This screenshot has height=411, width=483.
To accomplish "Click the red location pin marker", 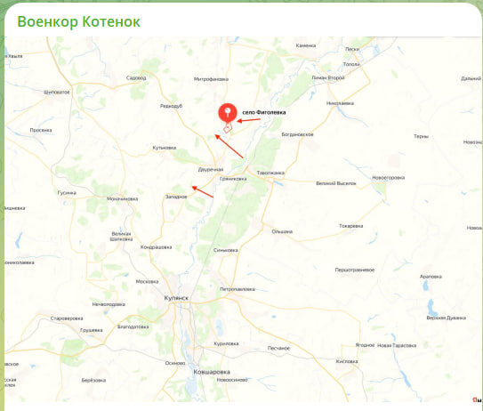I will click(x=227, y=113).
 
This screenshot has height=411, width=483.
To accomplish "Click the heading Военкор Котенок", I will click(x=79, y=20).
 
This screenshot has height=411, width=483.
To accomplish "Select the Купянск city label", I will click(x=176, y=299).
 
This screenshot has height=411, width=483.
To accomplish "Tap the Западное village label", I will click(x=175, y=197).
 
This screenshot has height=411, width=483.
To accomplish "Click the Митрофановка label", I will click(x=210, y=79).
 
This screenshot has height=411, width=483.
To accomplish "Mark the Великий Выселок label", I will click(x=335, y=183).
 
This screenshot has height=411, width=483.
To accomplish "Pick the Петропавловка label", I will click(x=237, y=289).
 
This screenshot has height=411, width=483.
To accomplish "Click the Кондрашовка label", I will click(x=157, y=246).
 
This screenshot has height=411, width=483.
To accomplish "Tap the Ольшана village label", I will click(x=282, y=230).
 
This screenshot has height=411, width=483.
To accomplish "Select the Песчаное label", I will click(x=279, y=347).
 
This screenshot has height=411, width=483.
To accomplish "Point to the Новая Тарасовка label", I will click(x=397, y=344).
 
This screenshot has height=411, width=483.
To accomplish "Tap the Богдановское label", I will click(x=298, y=134).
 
